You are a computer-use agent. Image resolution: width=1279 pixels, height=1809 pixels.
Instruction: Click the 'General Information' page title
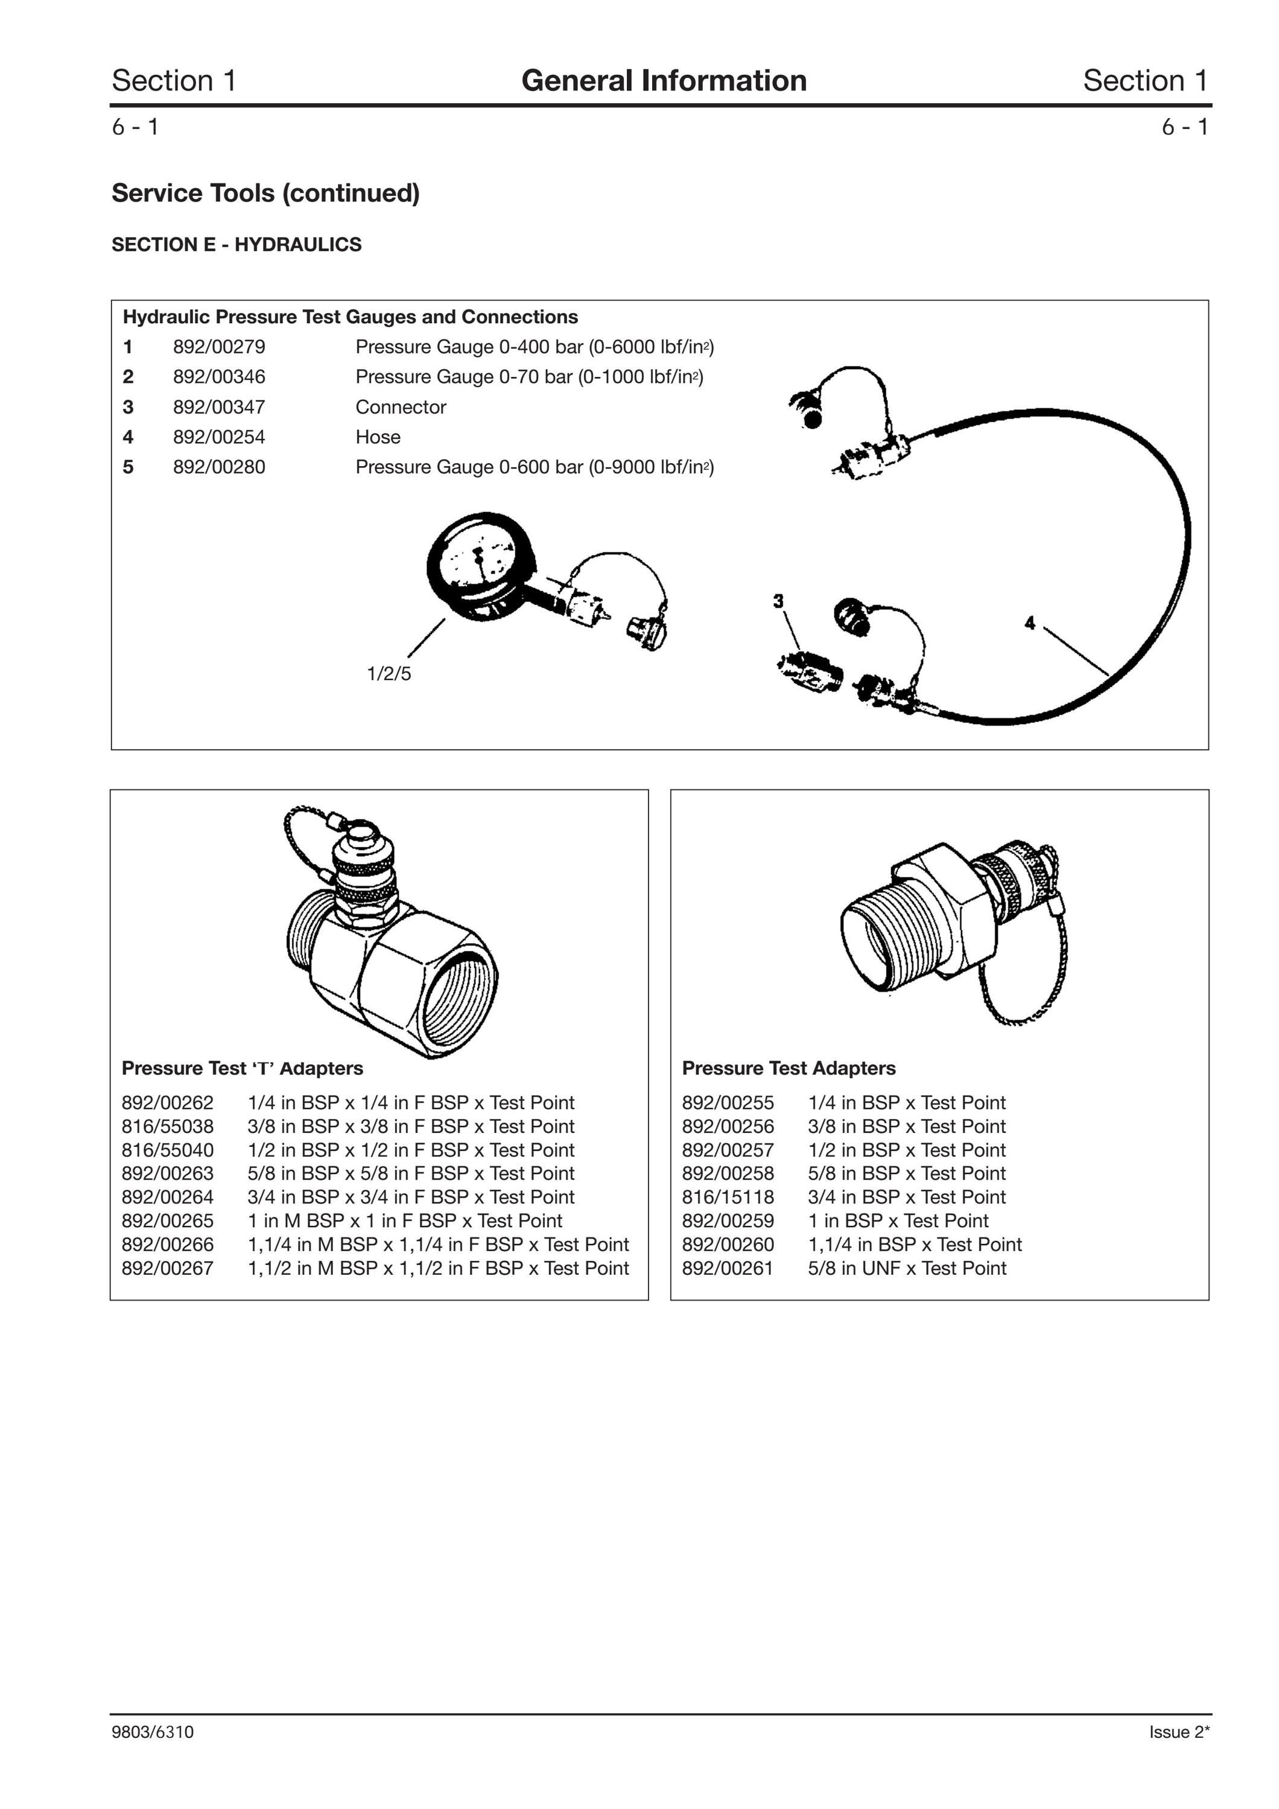[664, 80]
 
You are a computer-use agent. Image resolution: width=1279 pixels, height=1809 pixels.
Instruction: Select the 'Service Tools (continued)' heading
[265, 193]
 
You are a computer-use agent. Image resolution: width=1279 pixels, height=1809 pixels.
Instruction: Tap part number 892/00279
[219, 347]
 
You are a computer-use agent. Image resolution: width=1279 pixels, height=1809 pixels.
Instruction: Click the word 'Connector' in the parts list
[401, 408]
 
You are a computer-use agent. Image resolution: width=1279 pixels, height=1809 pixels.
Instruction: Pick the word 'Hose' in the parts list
[378, 437]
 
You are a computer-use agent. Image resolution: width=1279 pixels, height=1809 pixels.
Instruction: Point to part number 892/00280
[219, 467]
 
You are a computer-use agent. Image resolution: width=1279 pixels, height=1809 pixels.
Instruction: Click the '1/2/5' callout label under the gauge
[389, 674]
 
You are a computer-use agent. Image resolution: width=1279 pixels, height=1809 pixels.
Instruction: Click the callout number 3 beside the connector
[779, 601]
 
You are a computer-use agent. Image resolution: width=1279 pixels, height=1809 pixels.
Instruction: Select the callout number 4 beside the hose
[1029, 624]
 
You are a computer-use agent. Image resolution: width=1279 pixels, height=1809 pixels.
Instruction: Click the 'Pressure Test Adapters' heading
[789, 1069]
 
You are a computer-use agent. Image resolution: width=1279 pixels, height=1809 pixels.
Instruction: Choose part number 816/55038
[167, 1126]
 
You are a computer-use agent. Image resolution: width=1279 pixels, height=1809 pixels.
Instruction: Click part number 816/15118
[728, 1198]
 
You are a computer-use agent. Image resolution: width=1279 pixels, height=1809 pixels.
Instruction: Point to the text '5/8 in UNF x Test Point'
[907, 1269]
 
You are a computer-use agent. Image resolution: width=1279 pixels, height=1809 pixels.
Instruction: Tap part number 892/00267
[167, 1269]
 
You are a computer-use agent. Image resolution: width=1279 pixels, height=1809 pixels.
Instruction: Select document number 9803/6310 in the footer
[152, 1732]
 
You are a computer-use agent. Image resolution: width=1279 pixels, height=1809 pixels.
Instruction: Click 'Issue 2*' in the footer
[1179, 1732]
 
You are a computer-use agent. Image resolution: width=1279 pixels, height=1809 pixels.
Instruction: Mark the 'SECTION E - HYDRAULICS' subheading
[236, 245]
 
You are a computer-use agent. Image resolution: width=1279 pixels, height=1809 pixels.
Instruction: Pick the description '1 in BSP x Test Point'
[898, 1221]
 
